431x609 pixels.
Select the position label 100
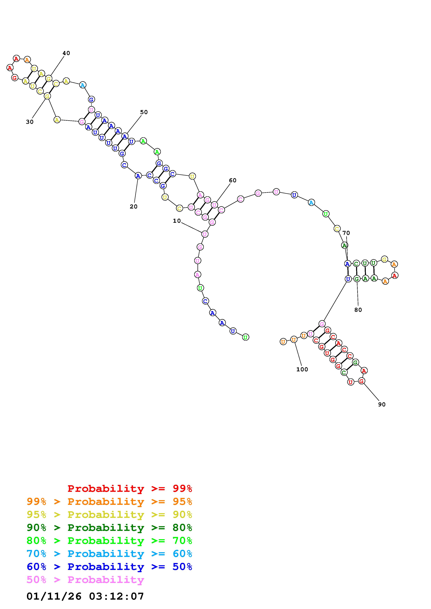302,369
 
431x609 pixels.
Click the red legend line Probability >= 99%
130,488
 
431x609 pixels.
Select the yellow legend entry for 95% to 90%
109,514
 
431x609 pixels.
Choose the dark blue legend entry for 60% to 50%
109,567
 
